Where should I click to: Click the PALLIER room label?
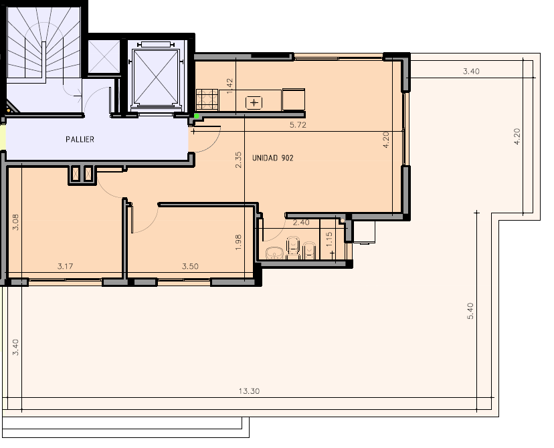point(80,140)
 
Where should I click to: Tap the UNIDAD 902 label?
point(273,158)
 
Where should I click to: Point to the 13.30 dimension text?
point(249,390)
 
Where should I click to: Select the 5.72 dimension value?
point(298,124)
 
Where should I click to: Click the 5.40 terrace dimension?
point(470,311)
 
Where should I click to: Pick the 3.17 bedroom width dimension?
point(66,266)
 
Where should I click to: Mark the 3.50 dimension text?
point(190,266)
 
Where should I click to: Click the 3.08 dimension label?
point(16,223)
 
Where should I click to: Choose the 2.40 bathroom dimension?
point(301,223)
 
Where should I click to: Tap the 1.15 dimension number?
point(329,239)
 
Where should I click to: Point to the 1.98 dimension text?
point(238,243)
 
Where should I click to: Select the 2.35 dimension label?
point(238,160)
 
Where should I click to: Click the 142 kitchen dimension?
point(229,86)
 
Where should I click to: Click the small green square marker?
point(197,116)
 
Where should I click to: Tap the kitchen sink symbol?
point(254,103)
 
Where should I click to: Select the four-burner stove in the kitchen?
point(207,99)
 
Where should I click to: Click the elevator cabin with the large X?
point(155,77)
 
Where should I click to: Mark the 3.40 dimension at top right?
point(471,71)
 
